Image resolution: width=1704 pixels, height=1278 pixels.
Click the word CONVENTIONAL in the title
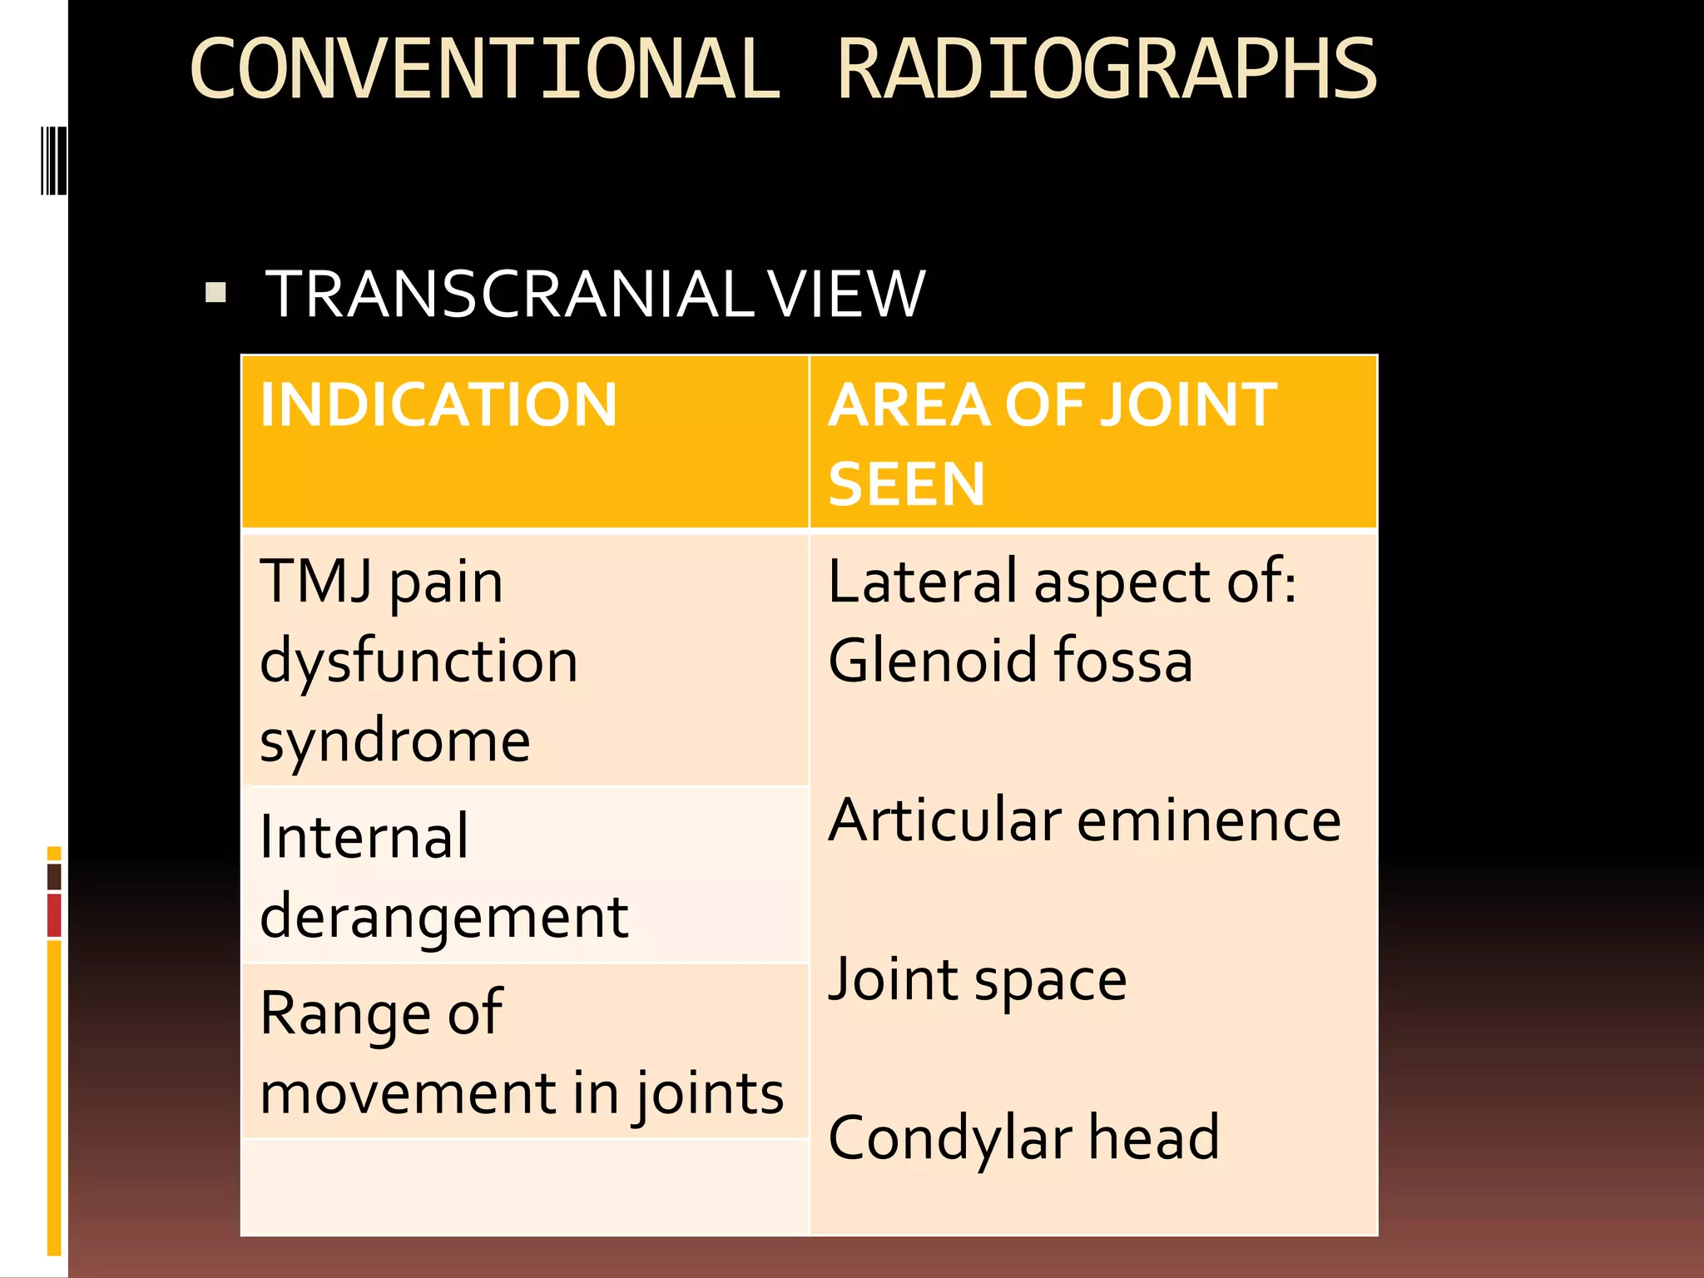click(485, 69)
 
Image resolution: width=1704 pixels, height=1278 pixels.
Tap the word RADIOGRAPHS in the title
click(1107, 69)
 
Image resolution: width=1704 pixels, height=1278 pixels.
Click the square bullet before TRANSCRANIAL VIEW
click(216, 293)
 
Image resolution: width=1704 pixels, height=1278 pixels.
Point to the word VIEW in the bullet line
click(846, 295)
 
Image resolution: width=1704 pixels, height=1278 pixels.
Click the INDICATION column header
click(438, 405)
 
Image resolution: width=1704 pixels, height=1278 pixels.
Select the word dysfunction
click(419, 661)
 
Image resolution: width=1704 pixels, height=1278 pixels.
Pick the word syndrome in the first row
click(395, 741)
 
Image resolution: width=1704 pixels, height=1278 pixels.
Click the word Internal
click(364, 836)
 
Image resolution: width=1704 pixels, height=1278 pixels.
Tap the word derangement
click(443, 917)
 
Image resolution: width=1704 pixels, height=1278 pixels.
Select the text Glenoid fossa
click(1010, 660)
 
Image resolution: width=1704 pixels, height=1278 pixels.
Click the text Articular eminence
click(1084, 820)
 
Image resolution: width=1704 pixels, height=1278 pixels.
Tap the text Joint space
click(978, 979)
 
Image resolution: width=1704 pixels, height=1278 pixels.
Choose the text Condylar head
click(1023, 1138)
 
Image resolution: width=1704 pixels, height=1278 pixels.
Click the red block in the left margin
click(54, 915)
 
